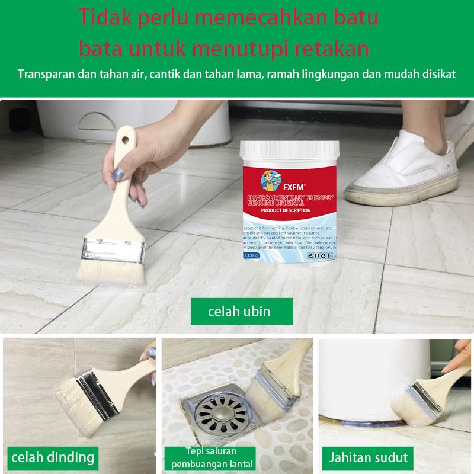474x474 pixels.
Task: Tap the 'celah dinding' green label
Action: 53,457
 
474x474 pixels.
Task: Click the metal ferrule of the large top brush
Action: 114,251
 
